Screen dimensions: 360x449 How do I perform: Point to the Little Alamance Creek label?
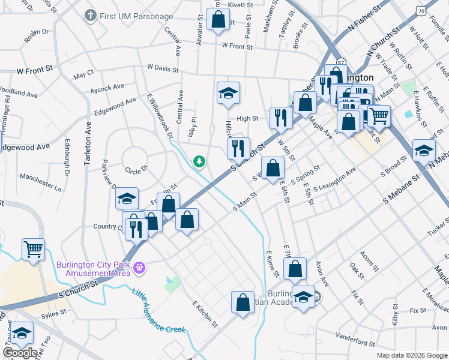(159, 311)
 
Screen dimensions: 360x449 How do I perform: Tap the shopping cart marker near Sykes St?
(34, 248)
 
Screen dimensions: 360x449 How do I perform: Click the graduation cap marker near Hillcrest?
(228, 94)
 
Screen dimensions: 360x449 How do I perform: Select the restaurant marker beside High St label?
(280, 118)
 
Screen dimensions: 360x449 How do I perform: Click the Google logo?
(20, 353)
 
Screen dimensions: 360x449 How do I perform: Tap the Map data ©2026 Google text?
(412, 355)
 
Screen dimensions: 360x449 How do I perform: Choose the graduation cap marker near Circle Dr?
(127, 199)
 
